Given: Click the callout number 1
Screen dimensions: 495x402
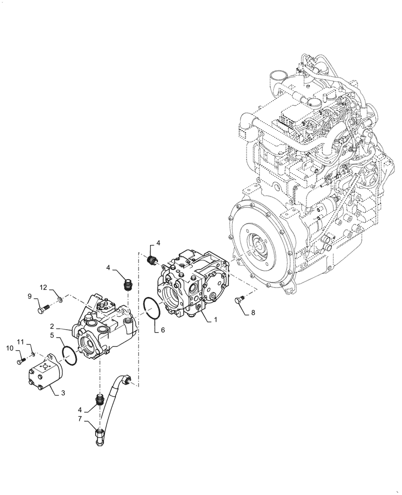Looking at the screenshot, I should pos(215,320).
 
